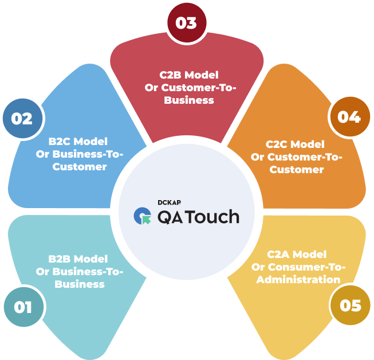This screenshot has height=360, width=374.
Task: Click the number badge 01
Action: pyautogui.click(x=23, y=307)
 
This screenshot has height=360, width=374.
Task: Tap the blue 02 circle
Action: pyautogui.click(x=22, y=119)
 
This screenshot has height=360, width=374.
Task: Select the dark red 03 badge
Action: pyautogui.click(x=186, y=23)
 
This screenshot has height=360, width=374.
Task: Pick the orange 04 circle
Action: pyautogui.click(x=348, y=117)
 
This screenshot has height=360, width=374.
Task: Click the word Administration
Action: pyautogui.click(x=298, y=280)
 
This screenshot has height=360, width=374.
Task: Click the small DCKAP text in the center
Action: pyautogui.click(x=169, y=202)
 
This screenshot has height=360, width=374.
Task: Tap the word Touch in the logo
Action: pyautogui.click(x=214, y=217)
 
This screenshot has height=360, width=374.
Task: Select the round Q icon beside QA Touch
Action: pyautogui.click(x=141, y=216)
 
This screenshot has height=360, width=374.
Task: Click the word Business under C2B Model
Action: pyautogui.click(x=189, y=100)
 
